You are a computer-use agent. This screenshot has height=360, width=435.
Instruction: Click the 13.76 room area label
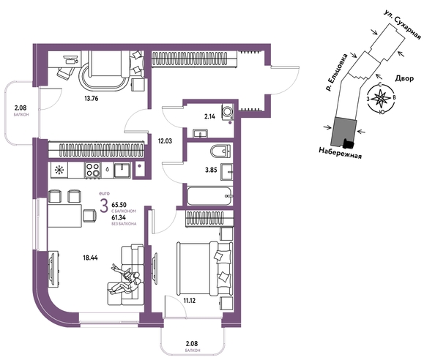click(92, 98)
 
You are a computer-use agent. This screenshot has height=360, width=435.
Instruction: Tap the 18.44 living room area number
click(90, 258)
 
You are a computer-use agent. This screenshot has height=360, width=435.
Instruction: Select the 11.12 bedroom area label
click(189, 301)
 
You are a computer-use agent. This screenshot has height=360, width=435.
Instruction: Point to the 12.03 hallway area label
click(165, 141)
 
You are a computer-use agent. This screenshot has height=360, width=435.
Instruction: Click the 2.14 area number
click(209, 116)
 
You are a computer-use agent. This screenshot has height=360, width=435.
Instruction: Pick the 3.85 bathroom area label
click(211, 170)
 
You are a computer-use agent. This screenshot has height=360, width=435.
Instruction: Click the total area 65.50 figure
click(119, 205)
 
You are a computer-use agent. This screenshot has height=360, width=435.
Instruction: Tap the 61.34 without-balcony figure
click(119, 218)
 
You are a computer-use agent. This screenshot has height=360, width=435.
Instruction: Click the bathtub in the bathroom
click(209, 196)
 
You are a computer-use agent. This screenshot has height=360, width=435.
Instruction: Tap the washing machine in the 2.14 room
click(228, 112)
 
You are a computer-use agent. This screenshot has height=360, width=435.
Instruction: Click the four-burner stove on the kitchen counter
click(93, 170)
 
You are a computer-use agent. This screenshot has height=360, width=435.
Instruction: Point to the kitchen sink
click(122, 170)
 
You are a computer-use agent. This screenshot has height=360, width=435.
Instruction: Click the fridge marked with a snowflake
click(59, 170)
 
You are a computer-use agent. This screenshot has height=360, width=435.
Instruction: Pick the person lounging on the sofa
click(125, 280)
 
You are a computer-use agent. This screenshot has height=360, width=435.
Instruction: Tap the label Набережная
click(340, 153)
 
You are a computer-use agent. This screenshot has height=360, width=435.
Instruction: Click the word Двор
click(404, 78)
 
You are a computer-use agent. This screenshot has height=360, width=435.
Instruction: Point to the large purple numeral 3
click(104, 206)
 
